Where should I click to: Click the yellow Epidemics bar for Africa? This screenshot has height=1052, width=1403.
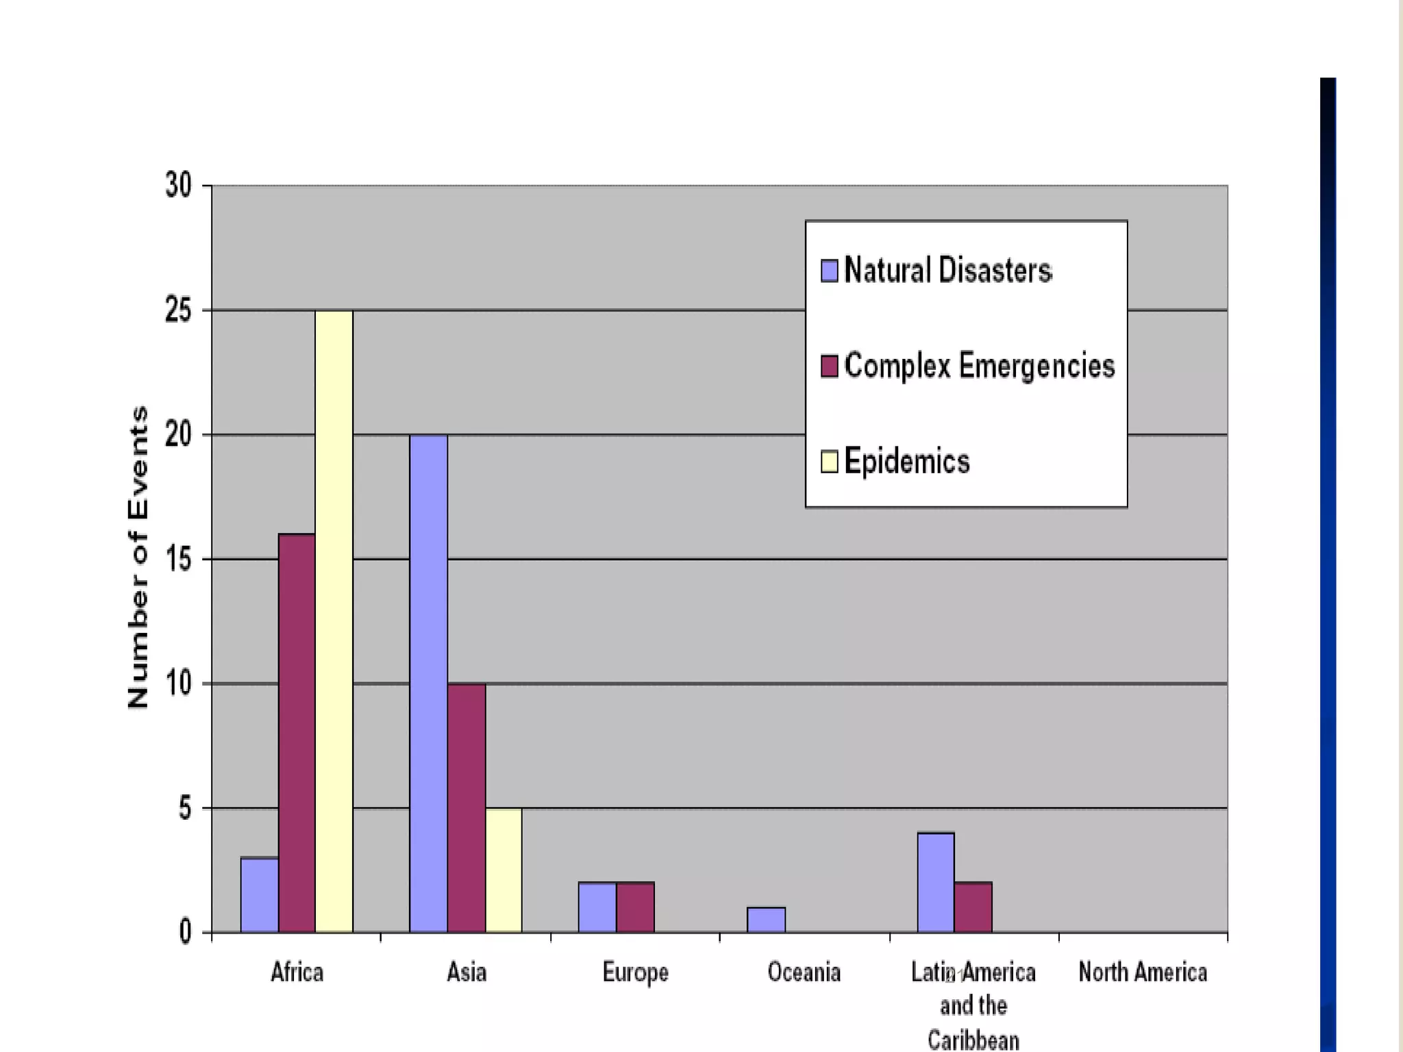coord(334,621)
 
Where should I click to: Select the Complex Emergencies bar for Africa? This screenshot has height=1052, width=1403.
coord(297,733)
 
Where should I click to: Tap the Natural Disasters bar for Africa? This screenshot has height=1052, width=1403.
coord(260,894)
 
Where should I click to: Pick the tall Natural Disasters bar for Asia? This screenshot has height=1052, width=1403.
coord(428,684)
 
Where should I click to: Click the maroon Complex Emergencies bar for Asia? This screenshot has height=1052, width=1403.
coord(467,808)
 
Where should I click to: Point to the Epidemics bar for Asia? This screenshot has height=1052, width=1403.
coord(504,870)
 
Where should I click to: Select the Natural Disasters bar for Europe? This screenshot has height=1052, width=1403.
coord(597,907)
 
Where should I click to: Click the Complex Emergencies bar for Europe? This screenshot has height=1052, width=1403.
coord(635,907)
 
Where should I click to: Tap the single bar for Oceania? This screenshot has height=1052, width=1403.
coord(766,920)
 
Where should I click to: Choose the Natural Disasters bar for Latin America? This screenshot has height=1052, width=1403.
coord(936,882)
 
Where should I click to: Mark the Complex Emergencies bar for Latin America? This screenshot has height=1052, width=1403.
coord(973,907)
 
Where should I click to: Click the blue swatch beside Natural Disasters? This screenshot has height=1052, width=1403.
coord(829,271)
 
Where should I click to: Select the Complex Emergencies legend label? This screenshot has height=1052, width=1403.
coord(979,365)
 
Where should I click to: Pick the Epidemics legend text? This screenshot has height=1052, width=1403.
coord(906,461)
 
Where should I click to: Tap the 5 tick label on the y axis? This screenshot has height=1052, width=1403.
coord(185,808)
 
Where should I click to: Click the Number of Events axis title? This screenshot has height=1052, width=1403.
coord(138,558)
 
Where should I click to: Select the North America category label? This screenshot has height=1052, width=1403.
coord(1143,972)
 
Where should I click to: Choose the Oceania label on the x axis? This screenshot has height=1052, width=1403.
coord(804,972)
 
